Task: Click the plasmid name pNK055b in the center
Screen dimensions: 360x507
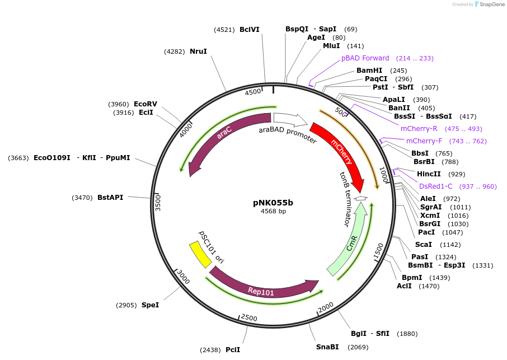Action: (273, 203)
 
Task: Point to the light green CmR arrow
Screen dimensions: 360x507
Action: (350, 241)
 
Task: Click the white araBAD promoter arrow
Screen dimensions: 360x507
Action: (290, 119)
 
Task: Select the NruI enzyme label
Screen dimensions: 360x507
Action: (198, 52)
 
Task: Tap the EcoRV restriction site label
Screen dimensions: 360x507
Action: (145, 104)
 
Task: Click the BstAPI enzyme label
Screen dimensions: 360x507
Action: (110, 198)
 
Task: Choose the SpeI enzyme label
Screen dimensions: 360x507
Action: (150, 305)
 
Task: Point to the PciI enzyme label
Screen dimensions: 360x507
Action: (233, 350)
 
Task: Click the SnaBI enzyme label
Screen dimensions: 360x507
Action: (327, 347)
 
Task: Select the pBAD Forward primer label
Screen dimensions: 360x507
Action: (365, 58)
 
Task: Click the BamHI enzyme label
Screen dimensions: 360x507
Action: (369, 71)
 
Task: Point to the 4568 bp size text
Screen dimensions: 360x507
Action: (273, 211)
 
